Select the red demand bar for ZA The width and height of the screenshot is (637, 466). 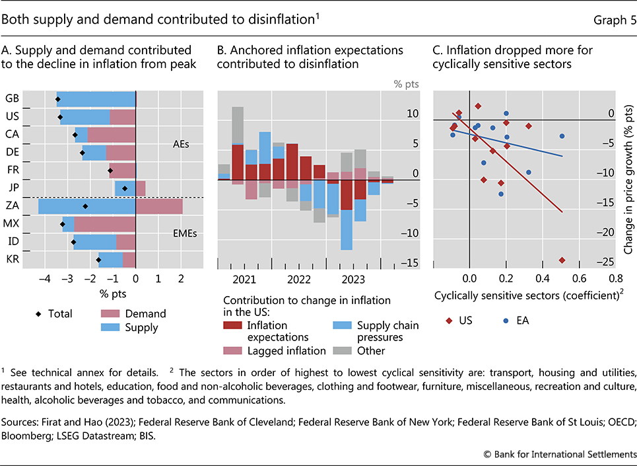(159, 206)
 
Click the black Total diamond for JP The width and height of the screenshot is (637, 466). (125, 188)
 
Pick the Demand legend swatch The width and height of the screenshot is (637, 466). (116, 314)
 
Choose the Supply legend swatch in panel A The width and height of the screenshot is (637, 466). (116, 327)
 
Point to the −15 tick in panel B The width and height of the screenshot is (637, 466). (411, 264)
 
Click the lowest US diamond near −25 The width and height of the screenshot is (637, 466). (562, 260)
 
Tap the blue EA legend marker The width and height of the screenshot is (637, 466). (506, 321)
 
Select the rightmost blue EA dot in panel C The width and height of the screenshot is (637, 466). (562, 136)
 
